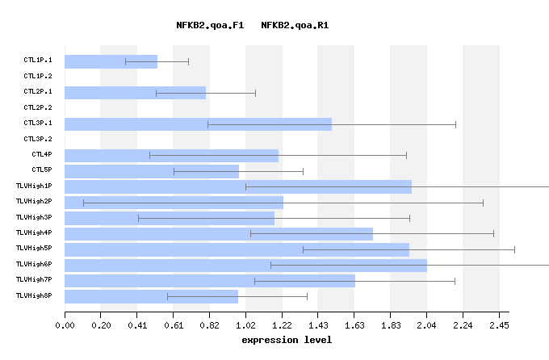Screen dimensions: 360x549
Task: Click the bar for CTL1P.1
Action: click(x=111, y=61)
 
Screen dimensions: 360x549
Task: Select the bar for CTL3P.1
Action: click(x=198, y=124)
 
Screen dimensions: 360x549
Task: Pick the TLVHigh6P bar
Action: click(x=245, y=265)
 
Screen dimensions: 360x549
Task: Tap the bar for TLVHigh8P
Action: click(x=151, y=296)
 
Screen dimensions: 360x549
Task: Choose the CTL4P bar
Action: click(x=171, y=155)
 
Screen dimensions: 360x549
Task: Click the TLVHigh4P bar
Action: click(x=218, y=233)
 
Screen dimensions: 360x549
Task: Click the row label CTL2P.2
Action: click(x=38, y=107)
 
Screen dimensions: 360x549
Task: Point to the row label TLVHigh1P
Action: click(x=34, y=186)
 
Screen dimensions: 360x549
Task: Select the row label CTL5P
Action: click(x=42, y=170)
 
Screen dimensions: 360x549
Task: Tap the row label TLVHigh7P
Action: click(x=34, y=280)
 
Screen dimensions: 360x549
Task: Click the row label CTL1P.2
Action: click(x=38, y=76)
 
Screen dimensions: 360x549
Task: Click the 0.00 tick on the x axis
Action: click(x=65, y=326)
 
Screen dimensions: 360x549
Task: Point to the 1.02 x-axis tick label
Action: click(x=245, y=326)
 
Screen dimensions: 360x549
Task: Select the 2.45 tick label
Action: click(x=499, y=326)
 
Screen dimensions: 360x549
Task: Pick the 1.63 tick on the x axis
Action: click(x=354, y=326)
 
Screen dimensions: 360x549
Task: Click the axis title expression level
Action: click(x=287, y=341)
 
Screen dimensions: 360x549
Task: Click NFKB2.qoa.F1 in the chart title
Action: click(x=210, y=26)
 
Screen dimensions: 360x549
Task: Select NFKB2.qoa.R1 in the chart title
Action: click(x=295, y=26)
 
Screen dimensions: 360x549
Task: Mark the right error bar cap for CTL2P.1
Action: click(x=255, y=93)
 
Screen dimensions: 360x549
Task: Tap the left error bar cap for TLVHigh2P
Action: click(x=83, y=202)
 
